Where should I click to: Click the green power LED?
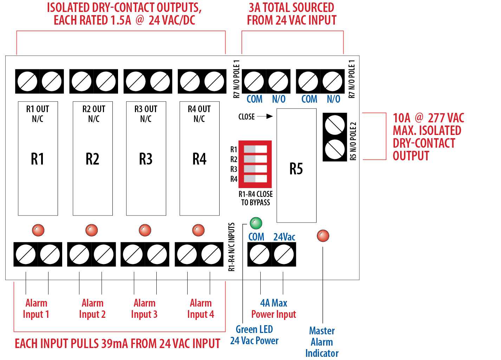[256, 223]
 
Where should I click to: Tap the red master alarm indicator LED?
[323, 236]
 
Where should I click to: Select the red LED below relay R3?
[145, 230]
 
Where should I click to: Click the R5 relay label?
[296, 169]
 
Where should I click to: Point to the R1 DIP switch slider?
[250, 149]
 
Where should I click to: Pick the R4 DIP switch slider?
[250, 179]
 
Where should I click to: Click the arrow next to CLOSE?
[265, 116]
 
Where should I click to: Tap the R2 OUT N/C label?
[93, 114]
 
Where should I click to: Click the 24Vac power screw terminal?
[284, 255]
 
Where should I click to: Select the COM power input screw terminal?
[260, 255]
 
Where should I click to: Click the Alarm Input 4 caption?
[201, 308]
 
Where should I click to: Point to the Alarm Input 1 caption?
[36, 308]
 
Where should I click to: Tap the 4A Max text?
[274, 303]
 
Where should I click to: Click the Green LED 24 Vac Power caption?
[254, 335]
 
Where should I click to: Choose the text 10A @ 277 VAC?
[428, 118]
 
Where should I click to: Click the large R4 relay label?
[199, 159]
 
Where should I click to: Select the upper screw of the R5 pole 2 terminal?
[335, 124]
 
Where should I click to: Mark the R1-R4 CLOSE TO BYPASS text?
[255, 198]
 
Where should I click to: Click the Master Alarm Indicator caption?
[322, 342]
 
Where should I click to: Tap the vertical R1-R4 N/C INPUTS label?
[232, 247]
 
